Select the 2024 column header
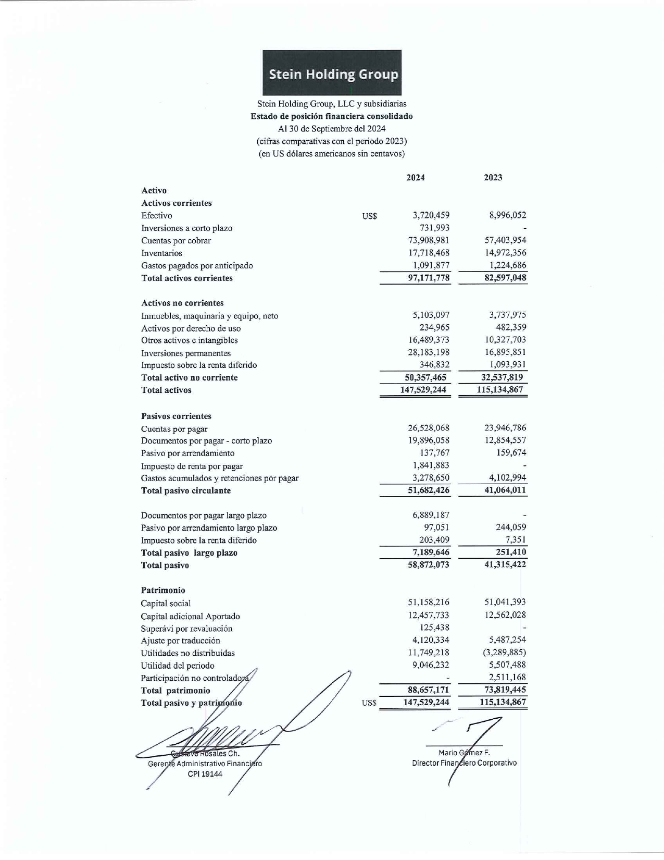point(415,177)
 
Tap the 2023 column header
point(493,177)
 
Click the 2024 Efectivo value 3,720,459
point(431,215)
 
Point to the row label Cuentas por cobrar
point(176,240)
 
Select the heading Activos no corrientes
point(182,303)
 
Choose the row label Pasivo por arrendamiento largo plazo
point(209,527)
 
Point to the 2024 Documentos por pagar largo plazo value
point(431,515)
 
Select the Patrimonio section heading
point(163,590)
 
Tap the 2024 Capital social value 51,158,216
point(429,603)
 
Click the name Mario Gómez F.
point(464,753)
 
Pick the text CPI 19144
point(205,774)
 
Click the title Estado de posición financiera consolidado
point(332,116)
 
